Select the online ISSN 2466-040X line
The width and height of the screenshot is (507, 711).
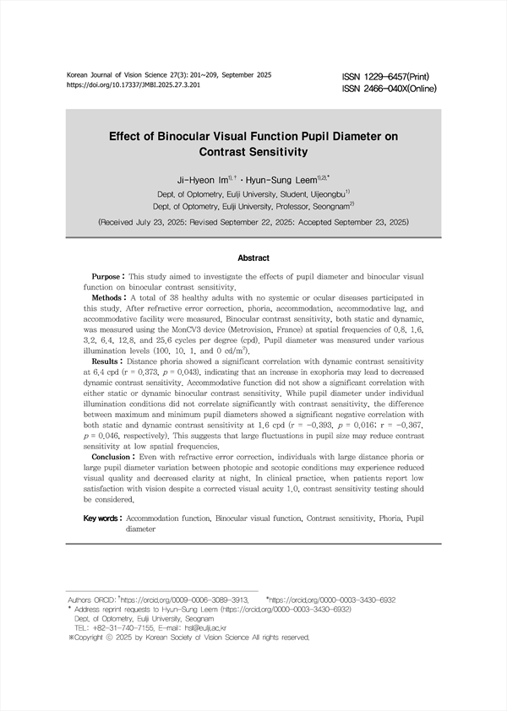tap(396, 88)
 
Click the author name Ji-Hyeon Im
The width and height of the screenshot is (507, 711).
tap(199, 180)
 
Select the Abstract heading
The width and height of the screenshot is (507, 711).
tap(253, 258)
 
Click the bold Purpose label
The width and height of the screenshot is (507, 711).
tap(107, 277)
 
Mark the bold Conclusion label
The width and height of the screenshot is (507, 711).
tap(113, 456)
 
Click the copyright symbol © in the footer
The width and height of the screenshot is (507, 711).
tap(118, 638)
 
